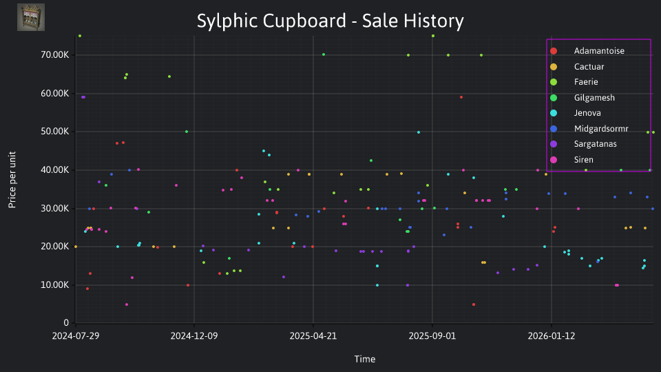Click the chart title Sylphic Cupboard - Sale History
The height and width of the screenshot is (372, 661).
(x=330, y=21)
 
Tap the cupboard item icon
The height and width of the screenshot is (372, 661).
(x=31, y=17)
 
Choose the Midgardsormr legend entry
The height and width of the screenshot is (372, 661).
(x=589, y=129)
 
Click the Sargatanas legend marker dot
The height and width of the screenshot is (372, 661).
(x=554, y=144)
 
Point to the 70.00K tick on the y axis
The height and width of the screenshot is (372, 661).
(x=55, y=55)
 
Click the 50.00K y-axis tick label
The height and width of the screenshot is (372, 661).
(x=55, y=132)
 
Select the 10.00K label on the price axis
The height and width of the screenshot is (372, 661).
(x=55, y=285)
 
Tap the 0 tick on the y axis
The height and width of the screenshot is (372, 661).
(x=66, y=323)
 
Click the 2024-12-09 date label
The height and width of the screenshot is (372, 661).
(x=194, y=336)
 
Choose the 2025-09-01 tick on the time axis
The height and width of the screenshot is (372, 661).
(x=432, y=336)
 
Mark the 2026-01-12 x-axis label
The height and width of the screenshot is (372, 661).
(x=552, y=336)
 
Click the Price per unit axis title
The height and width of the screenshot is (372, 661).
(x=12, y=180)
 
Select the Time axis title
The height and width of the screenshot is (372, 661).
(x=365, y=360)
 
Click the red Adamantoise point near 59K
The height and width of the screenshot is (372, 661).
(x=461, y=97)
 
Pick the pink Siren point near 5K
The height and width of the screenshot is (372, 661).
(x=127, y=304)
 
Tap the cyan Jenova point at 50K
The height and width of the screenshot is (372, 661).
(x=419, y=132)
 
